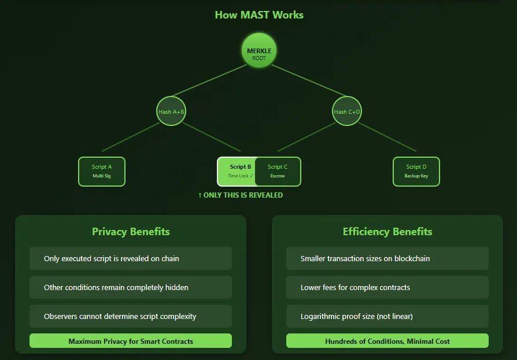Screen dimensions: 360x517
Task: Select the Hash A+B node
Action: coord(171,111)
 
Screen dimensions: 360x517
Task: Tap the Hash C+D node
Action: coord(347,111)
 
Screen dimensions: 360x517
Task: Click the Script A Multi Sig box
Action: coord(102,172)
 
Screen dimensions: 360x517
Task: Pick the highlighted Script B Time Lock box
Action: coord(238,172)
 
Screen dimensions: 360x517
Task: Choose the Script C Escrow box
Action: coord(279,172)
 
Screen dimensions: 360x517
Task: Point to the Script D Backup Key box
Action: coord(416,172)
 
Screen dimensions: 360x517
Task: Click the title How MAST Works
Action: coord(259,15)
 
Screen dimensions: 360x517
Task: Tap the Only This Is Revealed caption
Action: coord(241,195)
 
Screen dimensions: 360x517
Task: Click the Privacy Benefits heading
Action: coord(131,232)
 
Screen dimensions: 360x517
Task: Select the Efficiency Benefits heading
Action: coord(387,232)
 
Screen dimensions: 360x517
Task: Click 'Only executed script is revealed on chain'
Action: coord(131,258)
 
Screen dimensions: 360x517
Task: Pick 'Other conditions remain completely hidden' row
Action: coord(131,287)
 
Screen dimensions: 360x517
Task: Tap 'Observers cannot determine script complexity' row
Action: coord(131,316)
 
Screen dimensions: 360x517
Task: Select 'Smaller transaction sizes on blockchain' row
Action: coord(387,258)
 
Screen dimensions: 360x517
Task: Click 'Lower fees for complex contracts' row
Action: coord(387,287)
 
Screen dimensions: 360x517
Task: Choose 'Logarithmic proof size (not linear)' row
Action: coord(387,316)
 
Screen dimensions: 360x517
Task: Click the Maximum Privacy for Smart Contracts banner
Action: coord(131,341)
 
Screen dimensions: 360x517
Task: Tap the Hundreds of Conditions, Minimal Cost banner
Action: coord(387,341)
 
